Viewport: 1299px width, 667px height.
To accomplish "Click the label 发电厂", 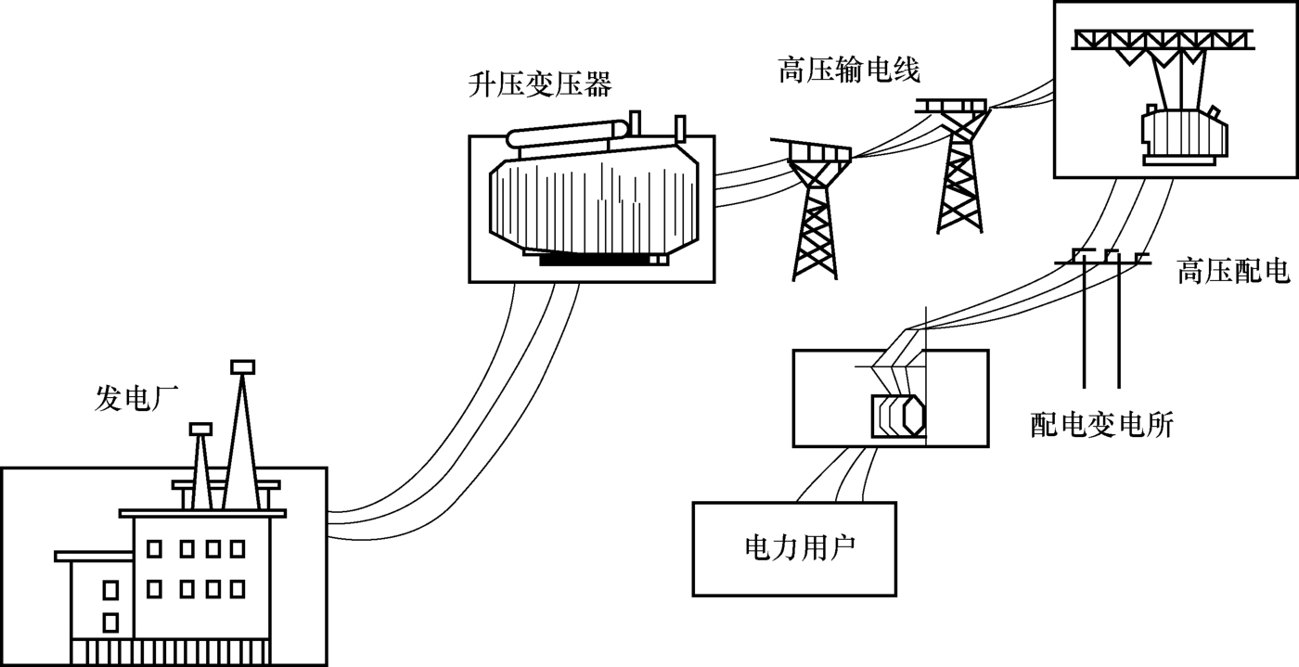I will (137, 399).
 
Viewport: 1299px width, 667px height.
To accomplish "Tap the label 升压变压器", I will (540, 86).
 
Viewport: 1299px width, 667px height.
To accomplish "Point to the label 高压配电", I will (1232, 272).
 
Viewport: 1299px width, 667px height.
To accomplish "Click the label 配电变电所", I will (1101, 425).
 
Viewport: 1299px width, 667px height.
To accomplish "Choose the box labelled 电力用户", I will (794, 548).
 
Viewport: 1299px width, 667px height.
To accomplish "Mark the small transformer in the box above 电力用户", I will (898, 416).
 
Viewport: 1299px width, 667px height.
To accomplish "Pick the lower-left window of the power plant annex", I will (110, 621).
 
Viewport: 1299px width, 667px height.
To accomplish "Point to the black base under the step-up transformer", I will (594, 259).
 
